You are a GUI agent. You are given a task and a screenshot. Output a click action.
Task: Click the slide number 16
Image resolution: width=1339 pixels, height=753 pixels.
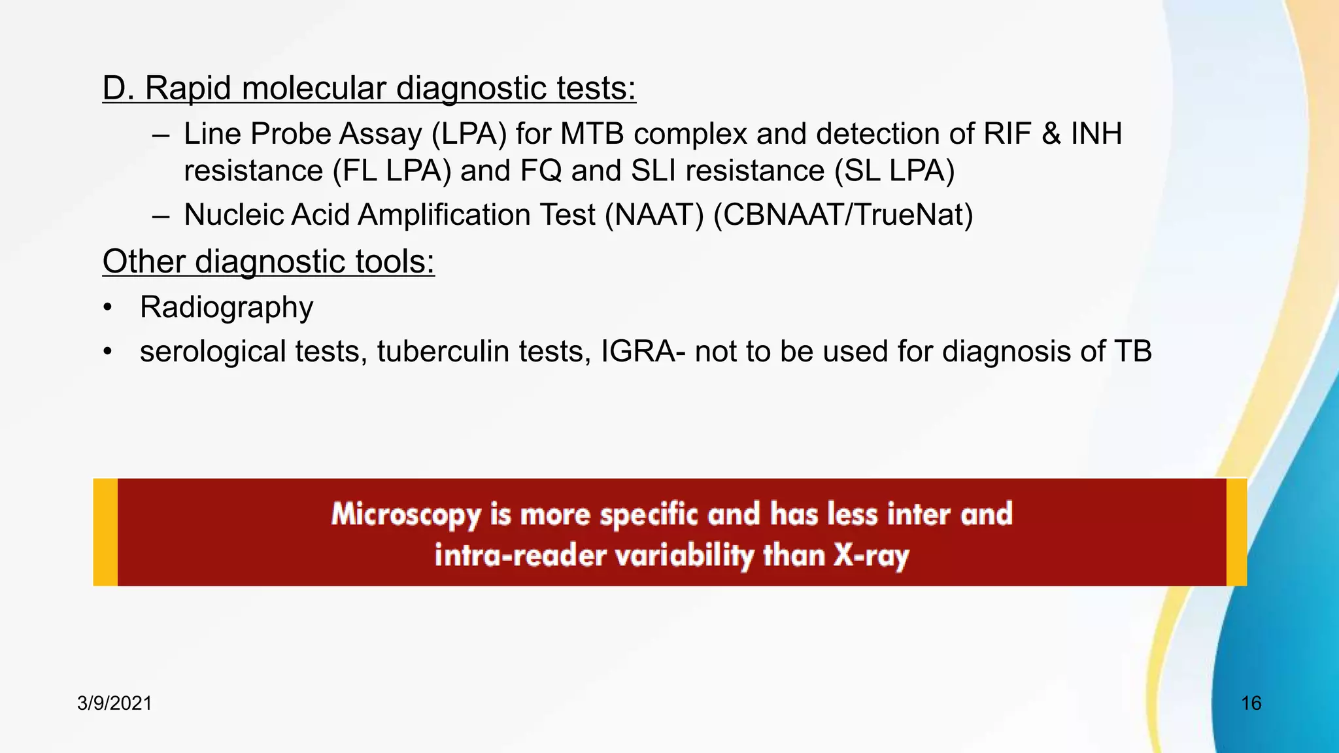click(x=1251, y=703)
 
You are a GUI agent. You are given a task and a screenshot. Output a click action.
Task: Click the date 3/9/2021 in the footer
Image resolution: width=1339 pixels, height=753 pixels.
click(x=114, y=703)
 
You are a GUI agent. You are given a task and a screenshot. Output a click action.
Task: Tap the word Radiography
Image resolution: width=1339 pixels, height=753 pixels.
click(x=226, y=307)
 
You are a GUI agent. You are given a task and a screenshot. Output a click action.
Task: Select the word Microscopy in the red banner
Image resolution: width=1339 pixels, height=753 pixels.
click(x=406, y=514)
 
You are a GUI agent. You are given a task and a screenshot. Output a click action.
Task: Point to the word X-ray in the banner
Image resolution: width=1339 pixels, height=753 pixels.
click(x=871, y=556)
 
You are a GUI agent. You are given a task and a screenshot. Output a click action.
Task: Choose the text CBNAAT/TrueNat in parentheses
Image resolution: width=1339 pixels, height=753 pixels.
click(x=843, y=215)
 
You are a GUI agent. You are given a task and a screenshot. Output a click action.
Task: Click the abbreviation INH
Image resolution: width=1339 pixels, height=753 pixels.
click(x=1096, y=134)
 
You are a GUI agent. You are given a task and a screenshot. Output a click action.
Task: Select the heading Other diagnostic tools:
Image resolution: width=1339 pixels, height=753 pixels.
click(x=268, y=261)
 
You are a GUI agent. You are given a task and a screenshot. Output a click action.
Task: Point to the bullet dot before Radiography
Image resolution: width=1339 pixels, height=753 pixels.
click(x=108, y=308)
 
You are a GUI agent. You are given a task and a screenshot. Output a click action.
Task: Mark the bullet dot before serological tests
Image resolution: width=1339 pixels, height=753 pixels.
click(x=108, y=352)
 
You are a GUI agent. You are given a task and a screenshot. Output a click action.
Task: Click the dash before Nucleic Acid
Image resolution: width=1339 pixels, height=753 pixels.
click(x=161, y=216)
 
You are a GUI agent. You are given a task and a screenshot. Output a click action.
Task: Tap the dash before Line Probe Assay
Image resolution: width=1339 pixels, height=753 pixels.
click(x=161, y=135)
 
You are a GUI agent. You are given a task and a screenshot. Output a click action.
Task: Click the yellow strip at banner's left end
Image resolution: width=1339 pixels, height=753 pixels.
click(x=105, y=532)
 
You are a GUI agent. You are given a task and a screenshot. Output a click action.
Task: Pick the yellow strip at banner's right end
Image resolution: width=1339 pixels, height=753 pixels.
click(x=1236, y=532)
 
